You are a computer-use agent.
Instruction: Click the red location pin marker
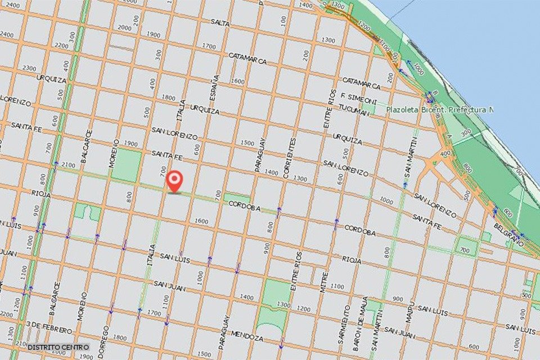point(175,180)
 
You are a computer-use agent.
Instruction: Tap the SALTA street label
point(220,22)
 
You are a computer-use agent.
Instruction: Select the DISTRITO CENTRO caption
point(58,347)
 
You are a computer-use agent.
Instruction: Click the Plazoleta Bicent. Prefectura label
point(439,110)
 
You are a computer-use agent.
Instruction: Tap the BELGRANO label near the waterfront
point(508,235)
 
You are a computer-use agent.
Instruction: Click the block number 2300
point(29,67)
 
